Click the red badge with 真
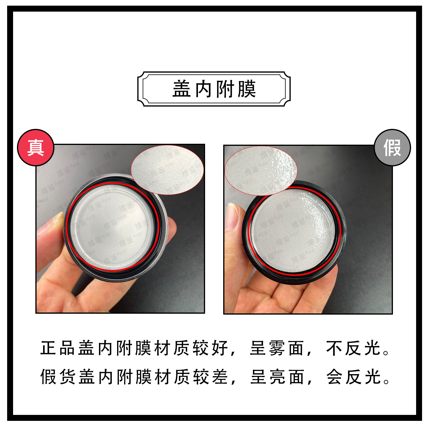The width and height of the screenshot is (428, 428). click(x=36, y=148)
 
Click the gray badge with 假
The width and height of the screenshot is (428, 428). click(x=392, y=148)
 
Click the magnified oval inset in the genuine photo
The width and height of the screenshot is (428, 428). click(x=167, y=170)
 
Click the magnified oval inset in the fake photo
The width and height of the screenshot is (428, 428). click(x=261, y=171)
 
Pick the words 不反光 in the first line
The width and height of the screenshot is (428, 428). click(x=354, y=348)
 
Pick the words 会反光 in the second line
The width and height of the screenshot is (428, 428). click(x=354, y=377)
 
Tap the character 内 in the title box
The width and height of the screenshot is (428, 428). click(x=203, y=89)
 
